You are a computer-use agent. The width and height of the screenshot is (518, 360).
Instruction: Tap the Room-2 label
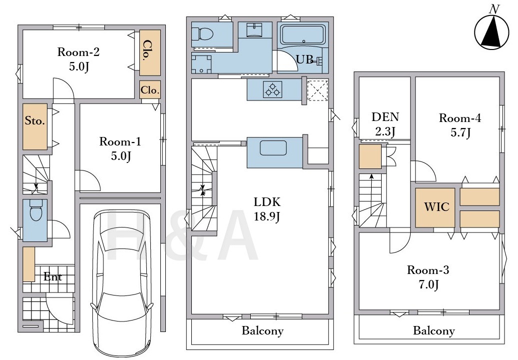tap(78, 52)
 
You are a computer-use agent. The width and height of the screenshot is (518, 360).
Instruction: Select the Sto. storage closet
tap(35, 126)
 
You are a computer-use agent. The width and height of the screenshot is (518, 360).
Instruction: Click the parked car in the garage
tap(122, 283)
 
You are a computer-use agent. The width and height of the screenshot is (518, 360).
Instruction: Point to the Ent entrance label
tap(53, 276)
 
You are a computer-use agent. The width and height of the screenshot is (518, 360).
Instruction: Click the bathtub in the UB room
tap(303, 34)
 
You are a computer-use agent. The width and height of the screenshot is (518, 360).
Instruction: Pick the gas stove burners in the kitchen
tap(273, 89)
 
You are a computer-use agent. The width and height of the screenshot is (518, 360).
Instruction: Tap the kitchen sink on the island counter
tap(273, 148)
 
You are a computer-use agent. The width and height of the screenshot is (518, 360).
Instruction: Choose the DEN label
tap(385, 116)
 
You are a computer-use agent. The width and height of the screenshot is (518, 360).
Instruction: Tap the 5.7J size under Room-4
tap(461, 132)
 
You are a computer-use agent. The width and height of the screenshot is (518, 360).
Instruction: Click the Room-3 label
tap(428, 270)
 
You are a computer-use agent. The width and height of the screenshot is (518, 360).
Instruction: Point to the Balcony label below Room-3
tap(434, 330)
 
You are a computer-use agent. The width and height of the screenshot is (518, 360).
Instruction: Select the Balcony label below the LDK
tap(263, 330)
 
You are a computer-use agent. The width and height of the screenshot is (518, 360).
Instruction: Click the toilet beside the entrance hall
tap(35, 211)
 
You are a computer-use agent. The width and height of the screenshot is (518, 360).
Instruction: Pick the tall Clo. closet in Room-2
tap(150, 53)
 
